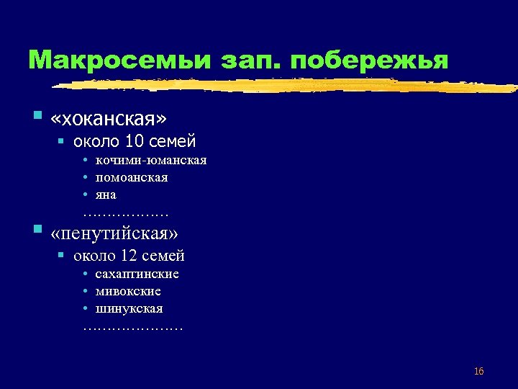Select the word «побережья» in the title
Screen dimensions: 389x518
pos(372,60)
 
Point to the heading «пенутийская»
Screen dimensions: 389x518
pos(115,233)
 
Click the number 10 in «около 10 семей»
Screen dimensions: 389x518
pos(134,140)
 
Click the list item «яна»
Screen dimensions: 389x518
pos(105,194)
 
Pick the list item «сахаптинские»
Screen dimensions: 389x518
pos(137,274)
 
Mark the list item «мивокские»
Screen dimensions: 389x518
pos(127,291)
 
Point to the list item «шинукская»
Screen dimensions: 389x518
pos(129,308)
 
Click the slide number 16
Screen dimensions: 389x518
pos(478,372)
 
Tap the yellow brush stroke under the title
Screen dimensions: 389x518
pos(288,86)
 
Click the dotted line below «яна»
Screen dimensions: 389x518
pos(125,214)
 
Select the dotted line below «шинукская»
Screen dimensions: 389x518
pos(132,328)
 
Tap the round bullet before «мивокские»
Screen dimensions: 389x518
pos(85,291)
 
